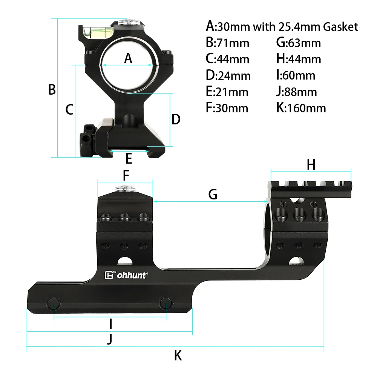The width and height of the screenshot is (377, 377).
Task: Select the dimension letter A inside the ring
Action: [129, 58]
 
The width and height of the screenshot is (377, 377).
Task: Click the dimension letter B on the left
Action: [52, 90]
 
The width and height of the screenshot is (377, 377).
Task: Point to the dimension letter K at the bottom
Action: [178, 355]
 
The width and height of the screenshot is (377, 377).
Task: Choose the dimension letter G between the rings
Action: [213, 194]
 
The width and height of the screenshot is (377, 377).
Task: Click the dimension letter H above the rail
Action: [311, 164]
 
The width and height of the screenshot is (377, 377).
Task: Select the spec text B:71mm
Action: [227, 43]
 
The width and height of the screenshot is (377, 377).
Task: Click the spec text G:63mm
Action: [298, 43]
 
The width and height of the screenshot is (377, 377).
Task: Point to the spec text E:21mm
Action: [227, 92]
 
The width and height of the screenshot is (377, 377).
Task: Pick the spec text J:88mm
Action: [296, 92]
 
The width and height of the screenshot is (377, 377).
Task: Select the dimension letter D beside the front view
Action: [176, 120]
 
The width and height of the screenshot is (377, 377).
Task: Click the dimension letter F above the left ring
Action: [126, 175]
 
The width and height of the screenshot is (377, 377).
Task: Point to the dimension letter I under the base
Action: [110, 323]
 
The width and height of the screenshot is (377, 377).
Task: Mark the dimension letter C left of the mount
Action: [69, 110]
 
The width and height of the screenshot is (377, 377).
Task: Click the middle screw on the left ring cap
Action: [124, 218]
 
